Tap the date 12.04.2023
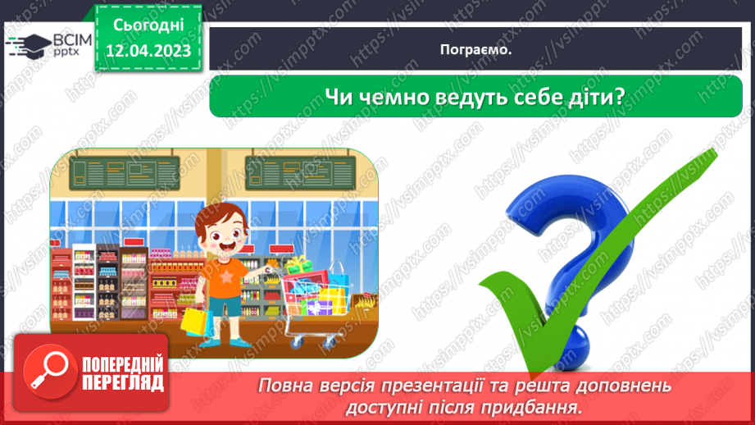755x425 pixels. coord(148,51)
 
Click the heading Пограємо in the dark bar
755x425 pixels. coord(475,49)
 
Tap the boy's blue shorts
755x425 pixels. coord(227,304)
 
